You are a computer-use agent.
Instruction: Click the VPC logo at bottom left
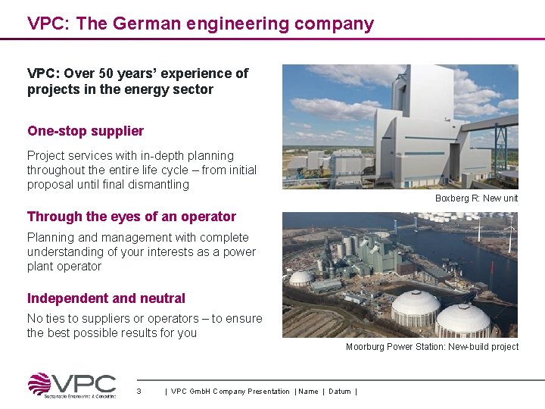(x=72, y=385)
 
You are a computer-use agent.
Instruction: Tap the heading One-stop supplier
(x=86, y=130)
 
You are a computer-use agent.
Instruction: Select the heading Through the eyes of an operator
(x=132, y=217)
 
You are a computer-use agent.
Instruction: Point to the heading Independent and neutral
(x=106, y=298)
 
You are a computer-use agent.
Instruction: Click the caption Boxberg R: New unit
(x=476, y=198)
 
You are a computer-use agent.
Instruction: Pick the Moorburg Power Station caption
(x=432, y=347)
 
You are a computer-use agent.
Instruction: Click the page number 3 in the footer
(x=139, y=391)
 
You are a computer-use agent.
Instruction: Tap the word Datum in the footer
(x=340, y=391)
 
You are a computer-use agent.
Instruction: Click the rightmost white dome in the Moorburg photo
(x=463, y=319)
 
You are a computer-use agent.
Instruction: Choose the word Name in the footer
(x=308, y=391)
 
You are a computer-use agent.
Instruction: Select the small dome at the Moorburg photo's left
(x=301, y=278)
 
